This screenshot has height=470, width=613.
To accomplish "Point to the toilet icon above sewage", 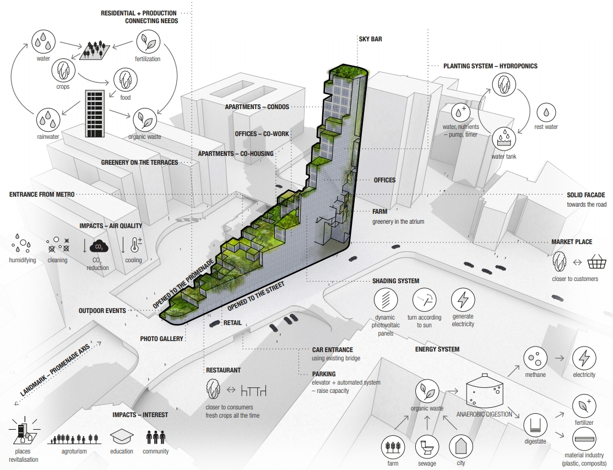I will pos(427,445).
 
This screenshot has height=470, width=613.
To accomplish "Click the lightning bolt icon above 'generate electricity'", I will pos(462,300).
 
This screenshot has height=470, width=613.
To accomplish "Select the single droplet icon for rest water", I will pos(546,112).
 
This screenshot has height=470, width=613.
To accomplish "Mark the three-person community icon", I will pos(155,437).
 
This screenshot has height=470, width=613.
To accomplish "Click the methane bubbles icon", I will pos(535,359).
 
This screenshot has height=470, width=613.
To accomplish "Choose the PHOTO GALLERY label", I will pos(161,339).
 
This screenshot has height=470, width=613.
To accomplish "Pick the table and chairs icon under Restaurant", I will pos(253,391).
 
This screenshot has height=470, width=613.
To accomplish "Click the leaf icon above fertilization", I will pos(147,41).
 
